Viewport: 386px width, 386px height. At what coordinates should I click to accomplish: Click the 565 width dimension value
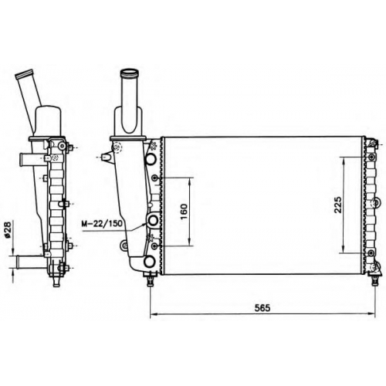coord(262,308)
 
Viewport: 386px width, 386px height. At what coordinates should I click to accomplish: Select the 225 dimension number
coord(337,205)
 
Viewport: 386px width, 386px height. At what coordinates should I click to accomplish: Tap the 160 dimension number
coord(184,212)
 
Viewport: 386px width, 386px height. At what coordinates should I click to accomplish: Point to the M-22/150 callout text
coord(102,223)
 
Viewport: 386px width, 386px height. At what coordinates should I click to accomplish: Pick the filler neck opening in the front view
coord(130,72)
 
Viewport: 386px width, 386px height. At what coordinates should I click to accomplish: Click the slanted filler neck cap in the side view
coord(25,74)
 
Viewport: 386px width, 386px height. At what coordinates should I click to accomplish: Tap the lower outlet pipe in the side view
coord(28,262)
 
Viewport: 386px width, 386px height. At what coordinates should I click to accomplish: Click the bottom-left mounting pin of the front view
coord(151,280)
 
